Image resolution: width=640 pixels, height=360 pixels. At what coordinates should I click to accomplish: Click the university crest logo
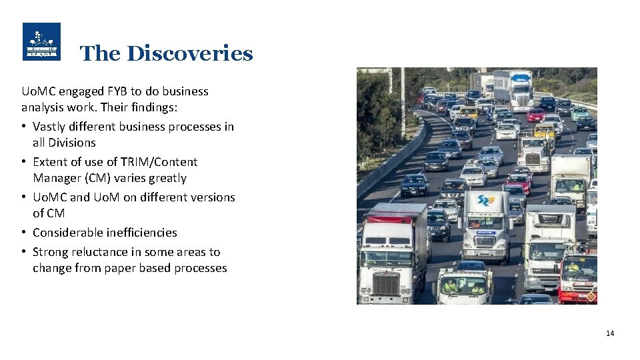pos(41,42)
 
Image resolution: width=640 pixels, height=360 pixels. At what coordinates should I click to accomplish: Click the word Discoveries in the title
pos(190,53)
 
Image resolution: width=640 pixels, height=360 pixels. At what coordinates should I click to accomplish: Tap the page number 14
pos(610,333)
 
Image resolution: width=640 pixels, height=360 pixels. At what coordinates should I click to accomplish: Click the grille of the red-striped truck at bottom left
pos(387,284)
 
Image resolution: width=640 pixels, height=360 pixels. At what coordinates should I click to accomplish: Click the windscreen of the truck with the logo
pos(486,223)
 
